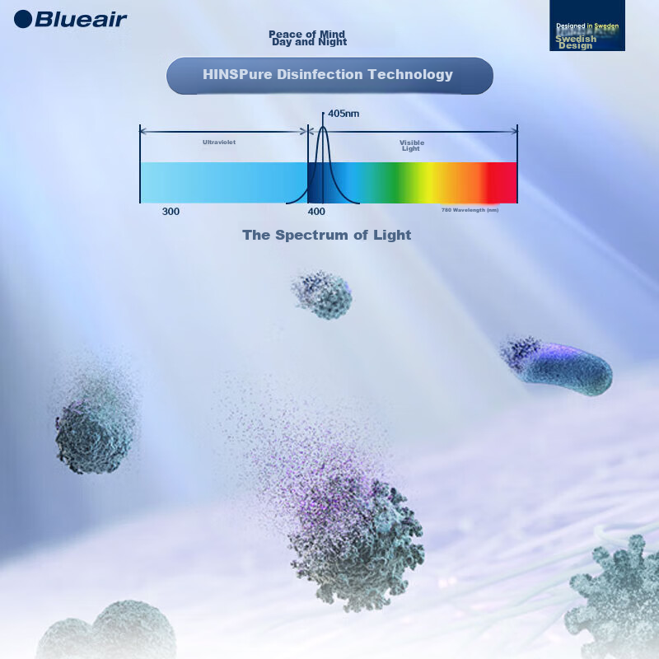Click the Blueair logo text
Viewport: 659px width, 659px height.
[x=81, y=19]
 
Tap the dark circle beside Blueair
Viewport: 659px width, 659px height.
[x=23, y=19]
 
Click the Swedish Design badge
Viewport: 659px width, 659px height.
[x=587, y=26]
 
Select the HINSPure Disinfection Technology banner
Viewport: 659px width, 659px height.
[x=329, y=75]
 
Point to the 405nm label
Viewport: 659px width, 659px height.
[x=344, y=114]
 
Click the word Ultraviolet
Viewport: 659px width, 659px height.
[x=219, y=143]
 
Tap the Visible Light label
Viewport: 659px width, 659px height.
[x=411, y=146]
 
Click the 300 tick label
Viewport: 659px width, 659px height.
[x=171, y=212]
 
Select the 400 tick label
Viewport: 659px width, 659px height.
[x=317, y=212]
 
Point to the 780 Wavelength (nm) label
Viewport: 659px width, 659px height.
[x=470, y=210]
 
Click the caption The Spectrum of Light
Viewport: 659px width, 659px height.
[x=326, y=235]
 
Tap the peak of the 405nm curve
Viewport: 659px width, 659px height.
[x=323, y=128]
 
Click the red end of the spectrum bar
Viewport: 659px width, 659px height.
[x=502, y=182]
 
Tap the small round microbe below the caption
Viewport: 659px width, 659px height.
[x=322, y=296]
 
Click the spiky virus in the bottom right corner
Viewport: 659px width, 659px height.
[x=618, y=597]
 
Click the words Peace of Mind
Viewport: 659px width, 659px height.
[x=306, y=34]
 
